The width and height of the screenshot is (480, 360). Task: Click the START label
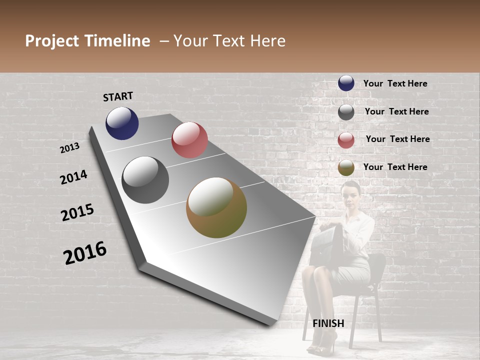click(118, 96)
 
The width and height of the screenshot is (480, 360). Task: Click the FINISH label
click(328, 323)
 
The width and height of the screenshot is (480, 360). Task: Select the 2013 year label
click(69, 148)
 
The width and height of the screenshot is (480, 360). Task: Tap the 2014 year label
click(73, 177)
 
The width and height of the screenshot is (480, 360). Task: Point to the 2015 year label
click(77, 212)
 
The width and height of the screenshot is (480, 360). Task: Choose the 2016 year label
click(85, 252)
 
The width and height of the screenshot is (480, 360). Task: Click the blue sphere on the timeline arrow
click(122, 123)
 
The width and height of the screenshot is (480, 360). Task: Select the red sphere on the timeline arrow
click(189, 140)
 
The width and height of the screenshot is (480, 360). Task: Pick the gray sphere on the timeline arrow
click(145, 180)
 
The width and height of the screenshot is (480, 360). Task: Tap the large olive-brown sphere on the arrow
click(216, 207)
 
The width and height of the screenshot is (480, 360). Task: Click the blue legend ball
click(346, 83)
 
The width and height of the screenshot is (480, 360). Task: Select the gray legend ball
click(346, 112)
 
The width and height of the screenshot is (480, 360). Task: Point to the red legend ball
click(346, 140)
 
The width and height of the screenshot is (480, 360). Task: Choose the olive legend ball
click(346, 168)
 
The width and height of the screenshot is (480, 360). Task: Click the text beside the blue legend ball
click(395, 83)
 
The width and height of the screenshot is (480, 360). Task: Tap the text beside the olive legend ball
click(395, 167)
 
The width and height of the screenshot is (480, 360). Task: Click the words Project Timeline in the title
click(87, 41)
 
